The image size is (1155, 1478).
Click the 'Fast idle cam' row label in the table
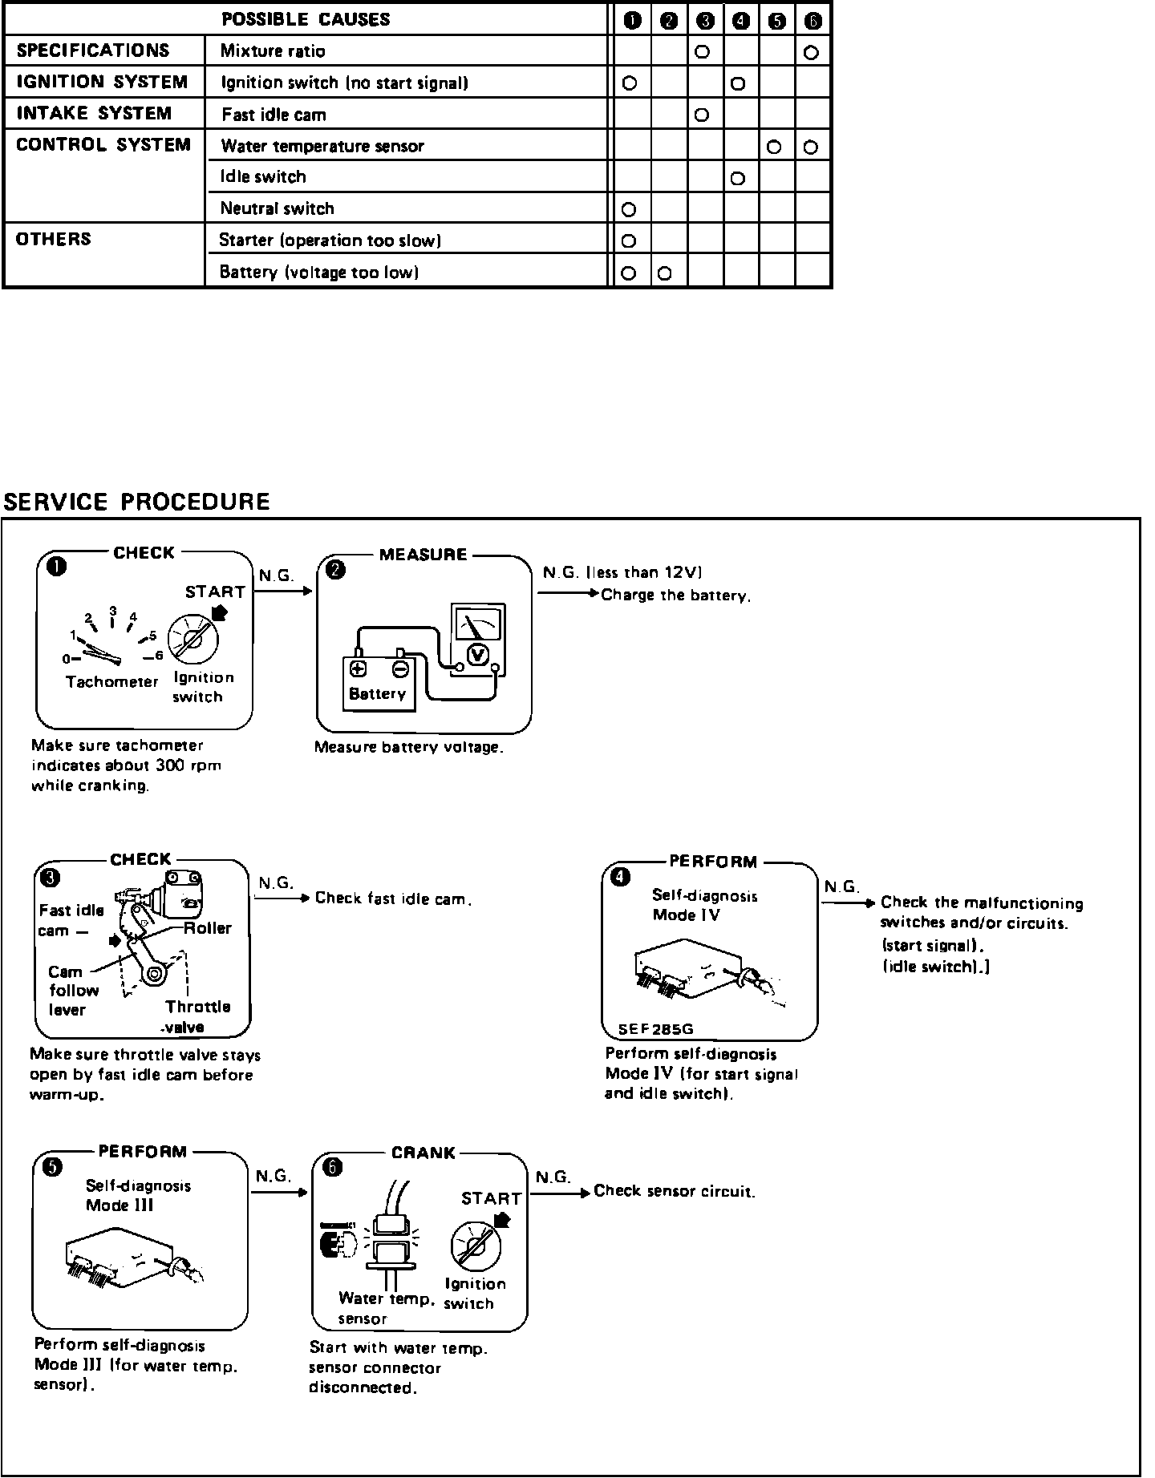point(274,115)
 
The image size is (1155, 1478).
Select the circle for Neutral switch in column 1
point(630,210)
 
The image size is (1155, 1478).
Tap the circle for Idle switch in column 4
point(739,179)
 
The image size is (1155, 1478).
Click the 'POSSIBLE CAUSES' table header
point(306,19)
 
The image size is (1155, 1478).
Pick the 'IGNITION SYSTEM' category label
point(102,82)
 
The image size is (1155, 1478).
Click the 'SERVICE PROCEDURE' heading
point(137,503)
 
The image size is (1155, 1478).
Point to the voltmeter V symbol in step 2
point(479,655)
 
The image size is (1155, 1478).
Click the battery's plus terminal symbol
point(358,668)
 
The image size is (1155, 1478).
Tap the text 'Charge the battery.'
point(675,596)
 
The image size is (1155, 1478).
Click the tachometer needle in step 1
point(101,654)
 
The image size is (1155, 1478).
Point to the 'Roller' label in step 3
point(207,928)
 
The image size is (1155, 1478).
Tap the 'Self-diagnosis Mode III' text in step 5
point(138,1195)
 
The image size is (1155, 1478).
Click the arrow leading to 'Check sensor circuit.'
point(561,1192)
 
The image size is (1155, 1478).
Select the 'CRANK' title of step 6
point(423,1153)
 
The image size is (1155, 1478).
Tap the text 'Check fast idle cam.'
point(393,899)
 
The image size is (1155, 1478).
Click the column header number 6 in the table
point(813,21)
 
